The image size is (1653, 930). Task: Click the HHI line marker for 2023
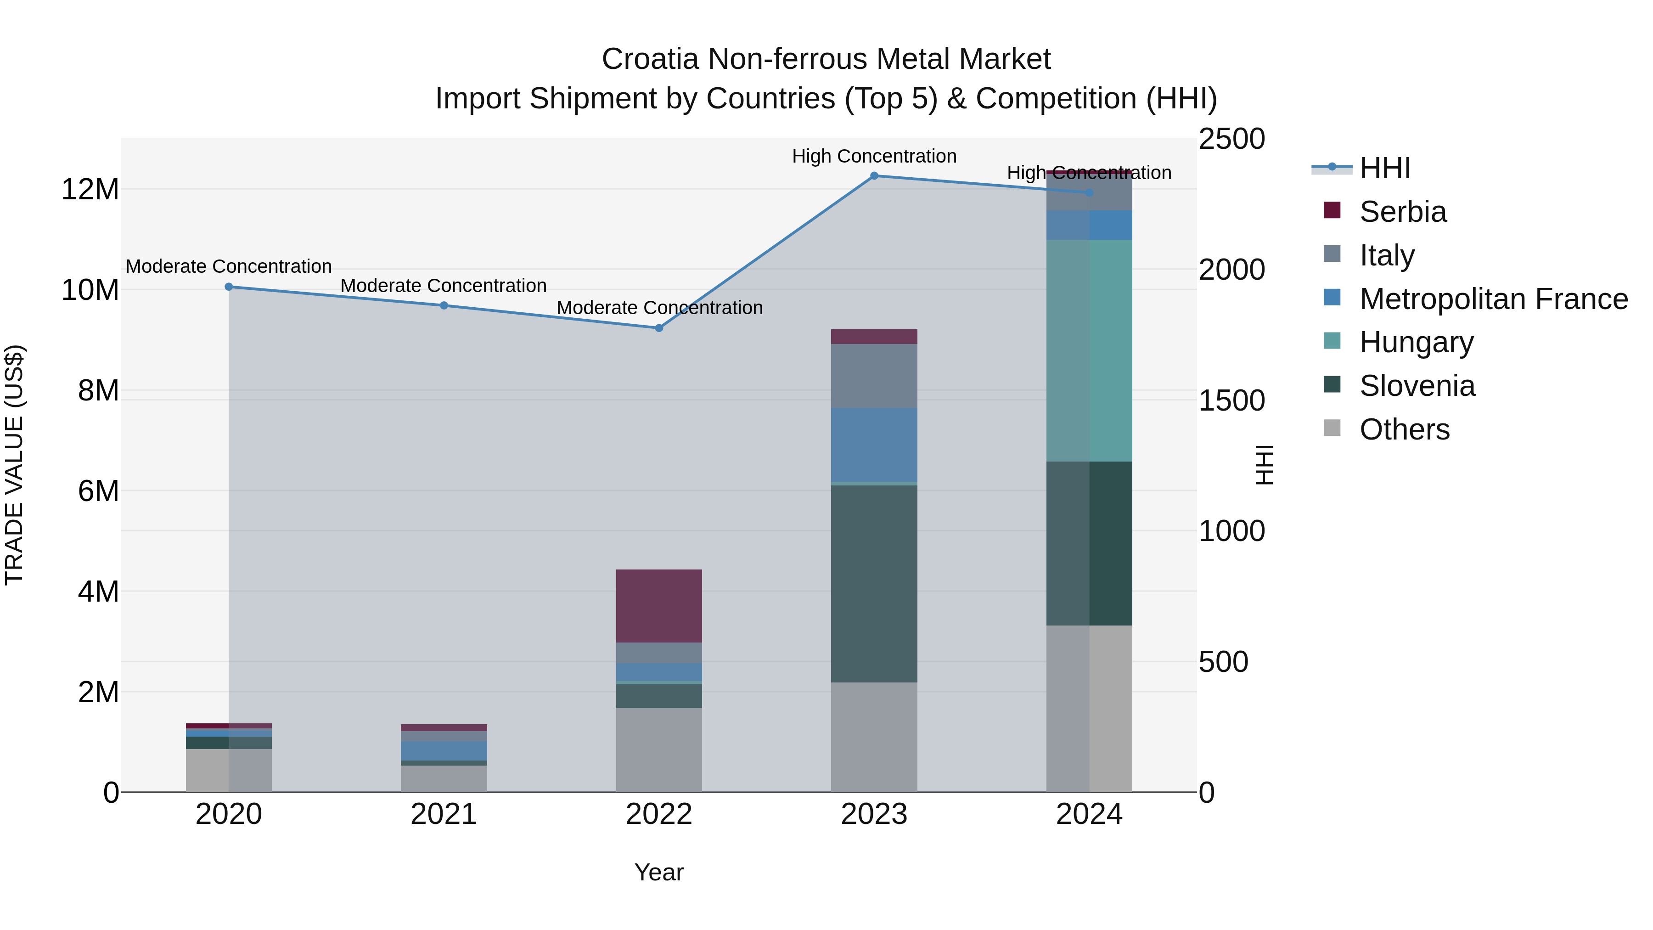[x=874, y=175]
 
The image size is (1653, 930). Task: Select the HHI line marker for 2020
[x=229, y=287]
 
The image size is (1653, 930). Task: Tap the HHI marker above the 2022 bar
[x=659, y=328]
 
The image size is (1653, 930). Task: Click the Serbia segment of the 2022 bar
[x=659, y=605]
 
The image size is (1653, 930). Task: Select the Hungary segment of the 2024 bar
[x=1089, y=350]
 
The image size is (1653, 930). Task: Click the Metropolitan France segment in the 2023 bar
[x=874, y=444]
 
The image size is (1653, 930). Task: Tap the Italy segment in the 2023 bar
[x=874, y=376]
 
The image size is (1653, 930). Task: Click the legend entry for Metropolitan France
[x=1493, y=299]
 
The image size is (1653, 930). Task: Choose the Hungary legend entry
[x=1416, y=342]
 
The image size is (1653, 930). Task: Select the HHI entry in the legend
[x=1385, y=168]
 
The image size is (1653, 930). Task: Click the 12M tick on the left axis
[x=90, y=189]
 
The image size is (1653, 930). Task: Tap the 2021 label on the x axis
[x=444, y=814]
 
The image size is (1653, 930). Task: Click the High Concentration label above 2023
[x=874, y=156]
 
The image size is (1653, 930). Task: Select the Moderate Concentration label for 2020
[x=229, y=266]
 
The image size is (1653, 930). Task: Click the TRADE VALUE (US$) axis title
[x=14, y=465]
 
